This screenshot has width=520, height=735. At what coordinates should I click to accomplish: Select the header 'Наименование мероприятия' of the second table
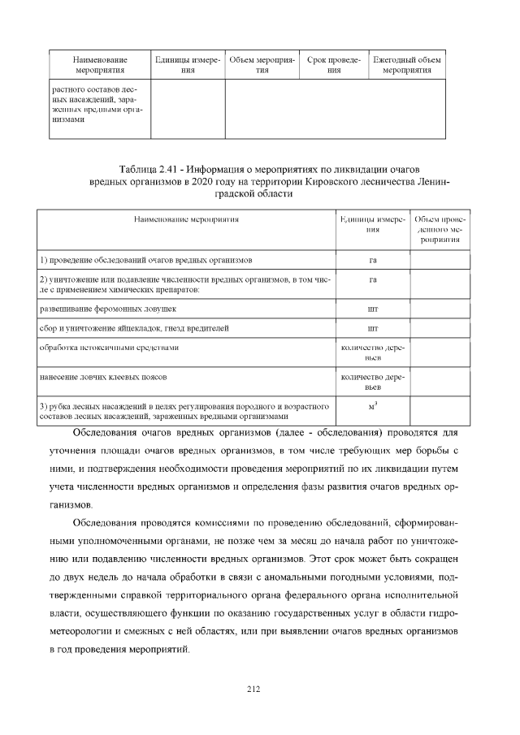tap(186, 219)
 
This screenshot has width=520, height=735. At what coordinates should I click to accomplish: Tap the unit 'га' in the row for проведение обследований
tap(372, 261)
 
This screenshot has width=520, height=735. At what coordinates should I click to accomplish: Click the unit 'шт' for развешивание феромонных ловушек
tap(372, 309)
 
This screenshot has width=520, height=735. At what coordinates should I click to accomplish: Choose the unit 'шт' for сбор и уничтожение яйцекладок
tap(372, 329)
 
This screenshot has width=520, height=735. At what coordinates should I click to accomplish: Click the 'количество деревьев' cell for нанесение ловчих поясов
tap(372, 383)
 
